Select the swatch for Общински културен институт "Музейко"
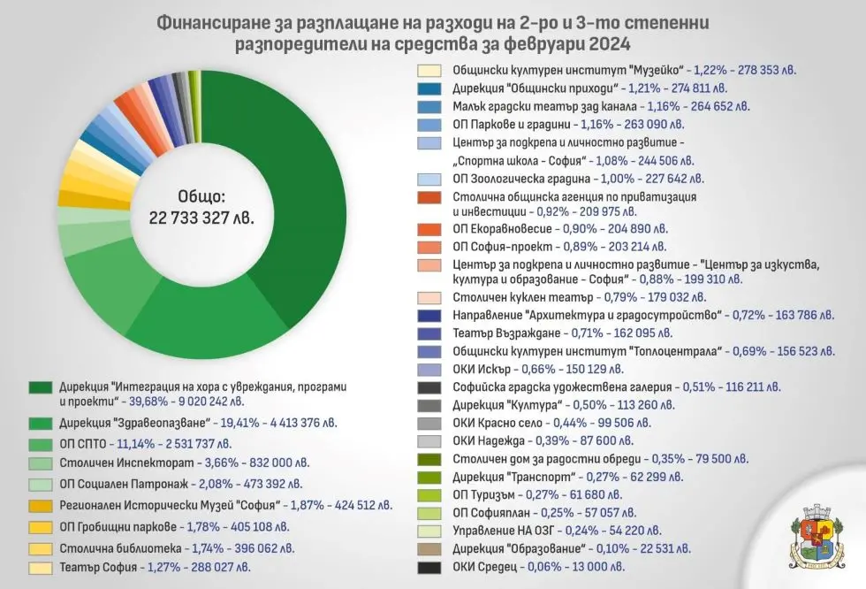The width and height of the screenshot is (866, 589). (430, 69)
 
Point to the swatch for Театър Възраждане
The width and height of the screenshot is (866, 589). (430, 334)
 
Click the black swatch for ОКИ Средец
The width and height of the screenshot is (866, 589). (430, 567)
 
